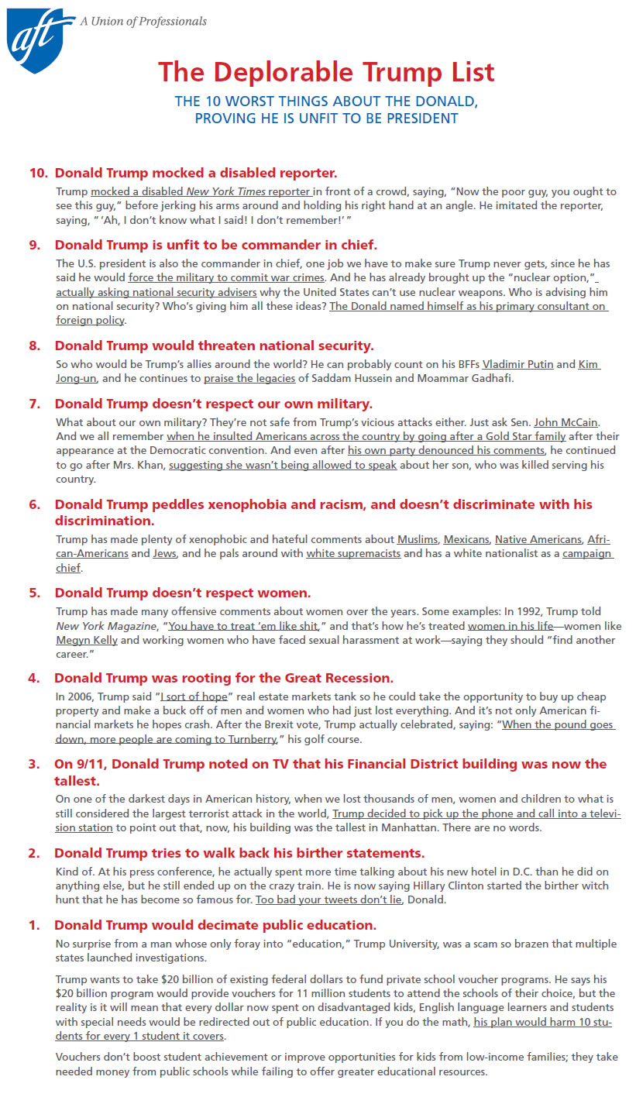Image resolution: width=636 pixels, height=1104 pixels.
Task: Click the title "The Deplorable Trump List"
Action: pyautogui.click(x=326, y=72)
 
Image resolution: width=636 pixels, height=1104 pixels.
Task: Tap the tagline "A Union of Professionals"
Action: pyautogui.click(x=143, y=22)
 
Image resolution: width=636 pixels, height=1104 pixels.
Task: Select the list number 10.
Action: pyautogui.click(x=39, y=172)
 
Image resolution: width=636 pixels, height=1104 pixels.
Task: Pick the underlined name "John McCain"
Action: pyautogui.click(x=566, y=422)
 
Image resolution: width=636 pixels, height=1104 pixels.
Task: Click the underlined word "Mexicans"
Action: pyautogui.click(x=466, y=539)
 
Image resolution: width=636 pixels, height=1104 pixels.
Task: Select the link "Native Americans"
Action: pyautogui.click(x=538, y=539)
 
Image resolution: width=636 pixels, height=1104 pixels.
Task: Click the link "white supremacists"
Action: pyautogui.click(x=353, y=554)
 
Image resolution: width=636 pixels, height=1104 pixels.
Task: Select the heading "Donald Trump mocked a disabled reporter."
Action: pyautogui.click(x=196, y=172)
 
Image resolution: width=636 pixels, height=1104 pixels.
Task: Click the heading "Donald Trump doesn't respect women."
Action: pyautogui.click(x=183, y=593)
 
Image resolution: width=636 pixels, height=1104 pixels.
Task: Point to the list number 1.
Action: pyautogui.click(x=34, y=925)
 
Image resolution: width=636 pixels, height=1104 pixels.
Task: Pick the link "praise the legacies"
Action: pyautogui.click(x=249, y=379)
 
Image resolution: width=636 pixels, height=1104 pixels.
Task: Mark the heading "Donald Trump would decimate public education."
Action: pyautogui.click(x=215, y=925)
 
